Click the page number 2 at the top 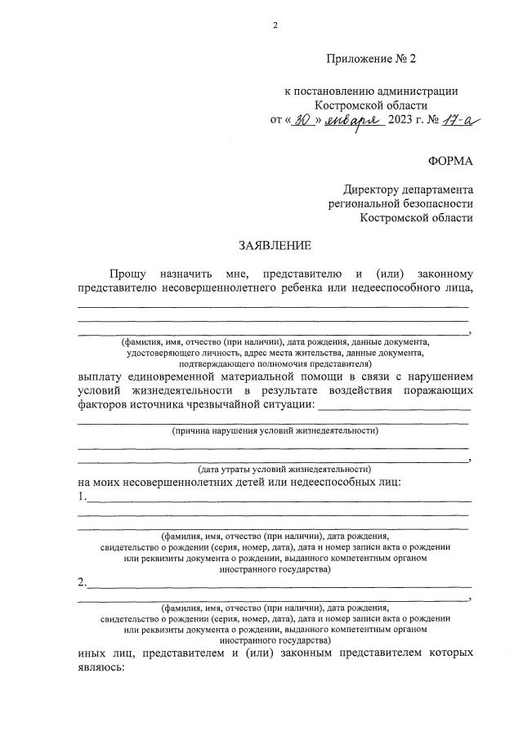[x=275, y=25]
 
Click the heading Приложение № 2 [x=370, y=59]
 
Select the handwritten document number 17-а [x=462, y=120]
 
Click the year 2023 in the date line [x=405, y=122]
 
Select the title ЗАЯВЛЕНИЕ [x=275, y=245]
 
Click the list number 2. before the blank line [x=82, y=582]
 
